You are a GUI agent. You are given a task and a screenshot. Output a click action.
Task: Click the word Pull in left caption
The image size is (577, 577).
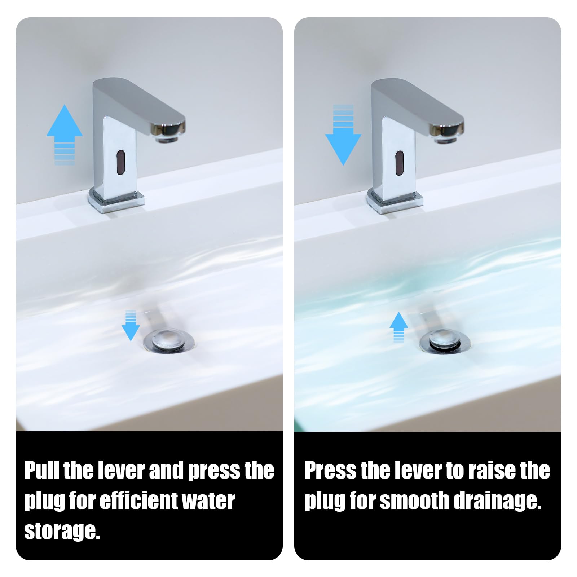(x=42, y=471)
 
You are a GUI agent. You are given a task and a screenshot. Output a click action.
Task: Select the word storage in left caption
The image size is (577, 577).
(x=62, y=531)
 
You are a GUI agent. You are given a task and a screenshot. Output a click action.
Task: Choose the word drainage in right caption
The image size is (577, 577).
(x=498, y=502)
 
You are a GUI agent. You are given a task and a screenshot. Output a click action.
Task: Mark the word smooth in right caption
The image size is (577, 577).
(x=414, y=501)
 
